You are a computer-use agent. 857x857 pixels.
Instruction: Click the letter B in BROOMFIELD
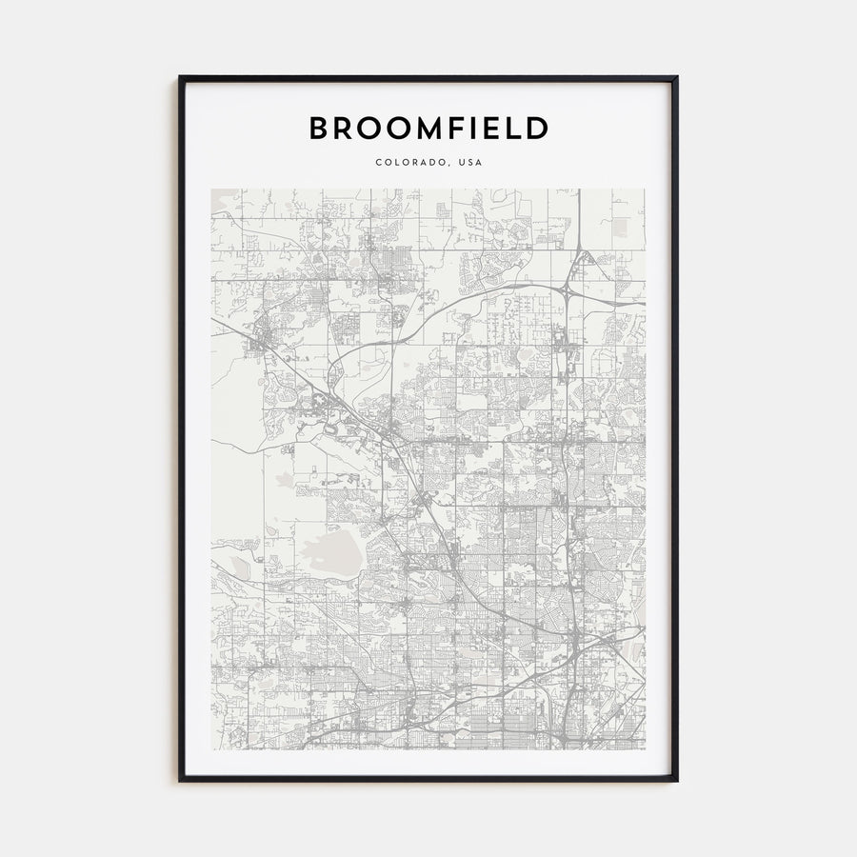[319, 129]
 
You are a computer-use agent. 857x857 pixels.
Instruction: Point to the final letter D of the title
[538, 129]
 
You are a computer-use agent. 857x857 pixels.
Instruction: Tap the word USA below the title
[470, 163]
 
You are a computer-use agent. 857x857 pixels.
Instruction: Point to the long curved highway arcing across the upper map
[476, 296]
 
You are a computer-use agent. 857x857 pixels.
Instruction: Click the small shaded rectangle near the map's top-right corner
[622, 226]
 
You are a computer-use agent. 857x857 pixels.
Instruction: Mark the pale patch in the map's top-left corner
[225, 200]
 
